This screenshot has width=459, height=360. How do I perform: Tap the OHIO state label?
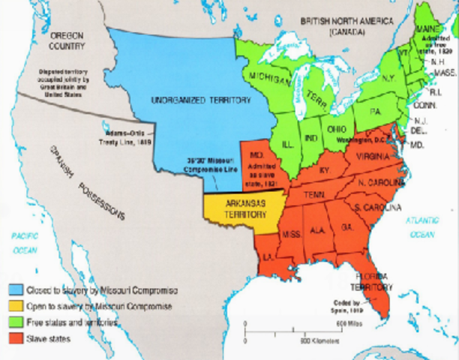[336, 128]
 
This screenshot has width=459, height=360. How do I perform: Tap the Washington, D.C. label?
[361, 139]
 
